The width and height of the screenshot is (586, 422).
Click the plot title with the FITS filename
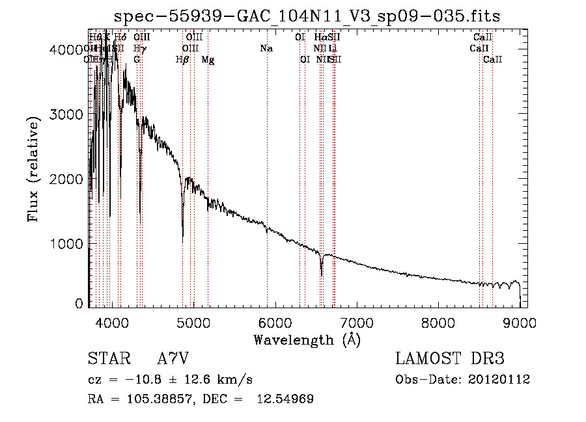pos(307,16)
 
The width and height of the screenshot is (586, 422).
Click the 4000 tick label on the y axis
pos(66,49)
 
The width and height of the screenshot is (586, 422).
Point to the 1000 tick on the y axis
pos(66,244)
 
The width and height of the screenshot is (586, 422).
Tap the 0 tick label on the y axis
pos(79,303)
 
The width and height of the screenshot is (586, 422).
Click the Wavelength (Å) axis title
pos(307,339)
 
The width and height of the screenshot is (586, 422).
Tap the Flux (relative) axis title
pos(33,166)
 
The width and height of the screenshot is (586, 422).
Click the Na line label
pos(266,49)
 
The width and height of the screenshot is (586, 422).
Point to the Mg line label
pos(208,60)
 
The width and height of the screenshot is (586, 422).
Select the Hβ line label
pos(182,60)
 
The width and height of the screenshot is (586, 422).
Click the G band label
pos(137,60)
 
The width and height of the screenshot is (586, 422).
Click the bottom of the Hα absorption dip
pos(321,275)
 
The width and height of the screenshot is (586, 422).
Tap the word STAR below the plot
pos(107,359)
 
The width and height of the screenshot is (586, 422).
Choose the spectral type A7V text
pos(173,359)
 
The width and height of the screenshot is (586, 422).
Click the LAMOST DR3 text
pos(449,359)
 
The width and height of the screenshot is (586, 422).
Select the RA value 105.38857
pos(154,399)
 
